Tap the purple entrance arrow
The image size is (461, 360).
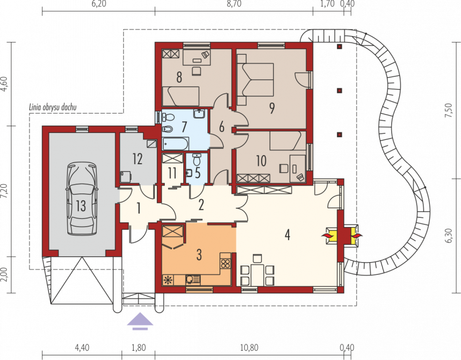coord(140,321)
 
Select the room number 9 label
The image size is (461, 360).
coord(271,108)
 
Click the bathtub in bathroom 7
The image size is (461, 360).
coord(176,143)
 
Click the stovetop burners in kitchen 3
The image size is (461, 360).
coord(225,263)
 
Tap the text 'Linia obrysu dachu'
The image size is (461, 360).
coord(52,107)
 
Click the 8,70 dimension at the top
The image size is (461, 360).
coord(234,4)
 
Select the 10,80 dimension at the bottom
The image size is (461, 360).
coord(249,348)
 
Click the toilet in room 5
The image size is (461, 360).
coord(197,160)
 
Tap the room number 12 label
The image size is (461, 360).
coord(138,159)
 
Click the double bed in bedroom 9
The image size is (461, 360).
coord(255,79)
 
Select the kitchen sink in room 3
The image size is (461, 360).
coord(193,279)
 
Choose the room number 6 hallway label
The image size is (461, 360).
coord(222,127)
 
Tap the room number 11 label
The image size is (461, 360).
coord(172,173)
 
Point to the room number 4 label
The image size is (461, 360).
coord(287,235)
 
